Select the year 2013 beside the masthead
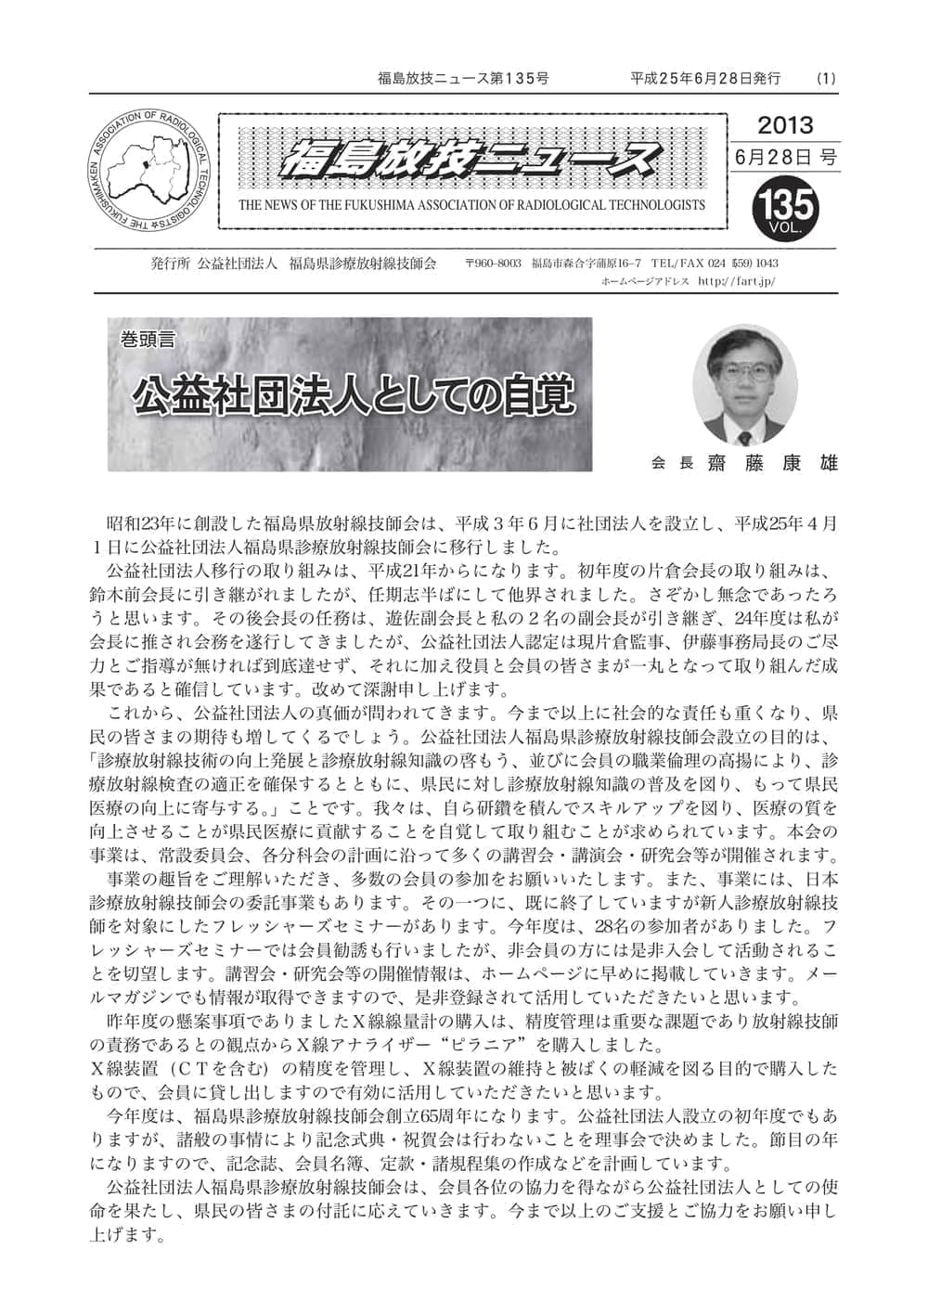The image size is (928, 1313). pos(785,124)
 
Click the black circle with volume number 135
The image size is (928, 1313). pos(788,206)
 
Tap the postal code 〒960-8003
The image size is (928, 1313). pos(493,264)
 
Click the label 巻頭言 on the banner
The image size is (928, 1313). pos(147,339)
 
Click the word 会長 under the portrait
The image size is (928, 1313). pos(672,463)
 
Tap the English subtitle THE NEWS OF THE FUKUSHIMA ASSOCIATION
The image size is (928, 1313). pos(471,205)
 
